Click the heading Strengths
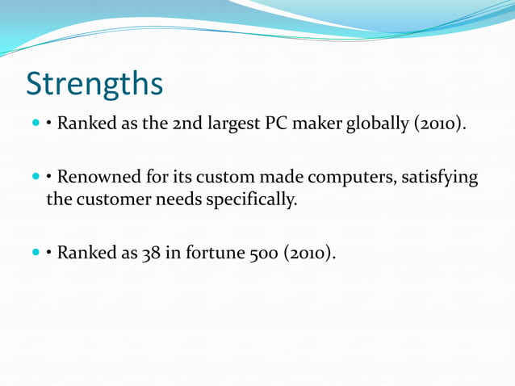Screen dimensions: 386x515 [94, 83]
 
